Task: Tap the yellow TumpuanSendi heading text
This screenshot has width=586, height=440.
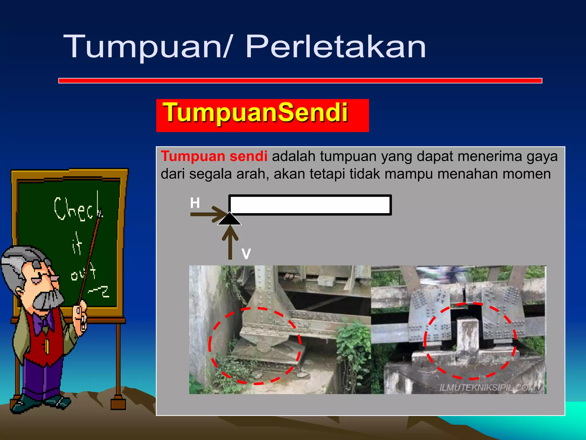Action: pyautogui.click(x=255, y=113)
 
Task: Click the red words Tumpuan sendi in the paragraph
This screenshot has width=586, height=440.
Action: pyautogui.click(x=214, y=156)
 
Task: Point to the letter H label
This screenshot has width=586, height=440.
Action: pyautogui.click(x=195, y=203)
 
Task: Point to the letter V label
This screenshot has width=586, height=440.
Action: pyautogui.click(x=246, y=254)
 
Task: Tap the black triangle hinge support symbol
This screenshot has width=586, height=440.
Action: pyautogui.click(x=229, y=220)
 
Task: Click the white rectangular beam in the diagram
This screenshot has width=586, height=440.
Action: pyautogui.click(x=310, y=205)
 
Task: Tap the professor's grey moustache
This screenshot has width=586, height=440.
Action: pyautogui.click(x=49, y=300)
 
